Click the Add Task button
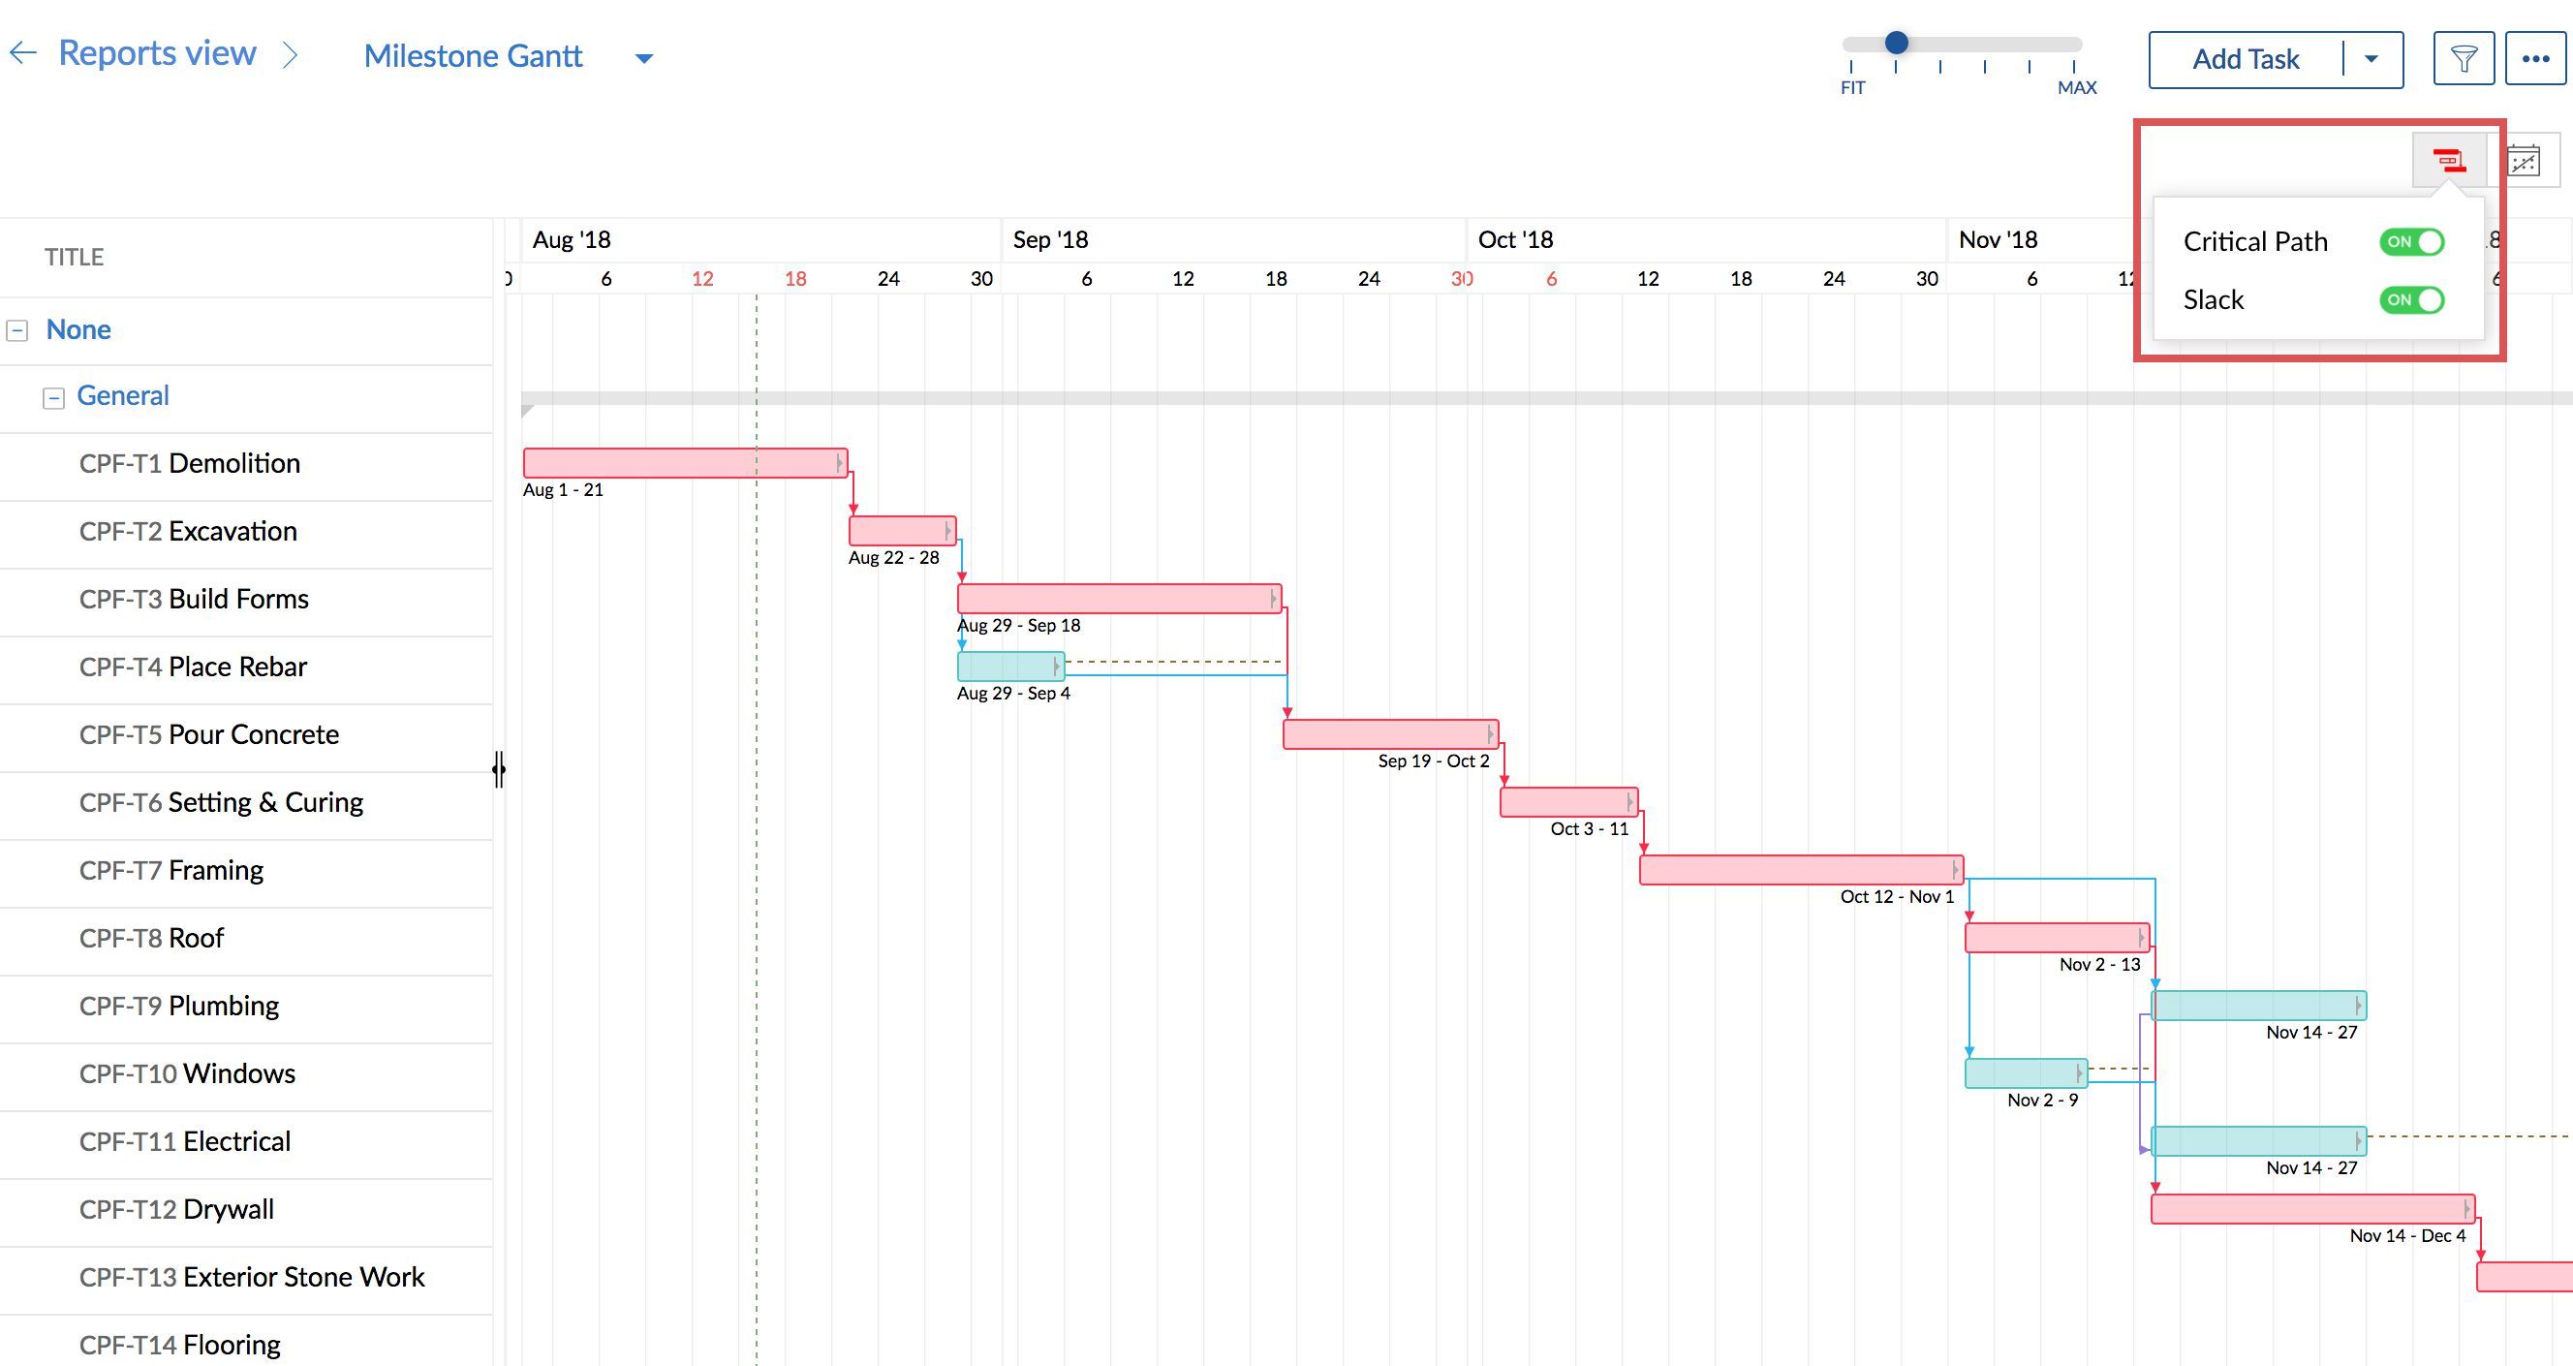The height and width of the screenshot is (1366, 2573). click(x=2245, y=60)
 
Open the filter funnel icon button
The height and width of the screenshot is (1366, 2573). click(x=2464, y=60)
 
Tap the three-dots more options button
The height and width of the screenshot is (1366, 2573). click(x=2535, y=60)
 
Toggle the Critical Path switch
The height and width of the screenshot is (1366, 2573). click(x=2411, y=241)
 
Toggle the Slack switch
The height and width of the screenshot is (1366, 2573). click(x=2411, y=299)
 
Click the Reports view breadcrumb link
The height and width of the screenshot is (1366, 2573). click(x=157, y=53)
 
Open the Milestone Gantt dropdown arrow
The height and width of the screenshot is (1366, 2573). click(x=644, y=58)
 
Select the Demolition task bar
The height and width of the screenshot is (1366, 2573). click(x=685, y=463)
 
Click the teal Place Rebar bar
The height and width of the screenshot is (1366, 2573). click(x=1009, y=666)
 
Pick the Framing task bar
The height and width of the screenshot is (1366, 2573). click(x=1800, y=870)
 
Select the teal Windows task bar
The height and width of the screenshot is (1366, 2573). click(x=2025, y=1073)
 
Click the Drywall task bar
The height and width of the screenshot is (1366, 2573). click(x=2311, y=1209)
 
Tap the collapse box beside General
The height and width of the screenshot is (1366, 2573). click(x=54, y=397)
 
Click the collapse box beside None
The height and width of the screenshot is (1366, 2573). click(x=17, y=330)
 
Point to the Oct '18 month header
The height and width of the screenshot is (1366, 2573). click(x=1515, y=239)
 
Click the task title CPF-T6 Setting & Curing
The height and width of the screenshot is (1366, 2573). click(x=221, y=803)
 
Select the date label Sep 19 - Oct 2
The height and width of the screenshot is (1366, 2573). click(x=1434, y=761)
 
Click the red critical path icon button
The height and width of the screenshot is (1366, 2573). click(x=2448, y=161)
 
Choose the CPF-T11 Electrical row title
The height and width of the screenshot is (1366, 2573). click(x=185, y=1141)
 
